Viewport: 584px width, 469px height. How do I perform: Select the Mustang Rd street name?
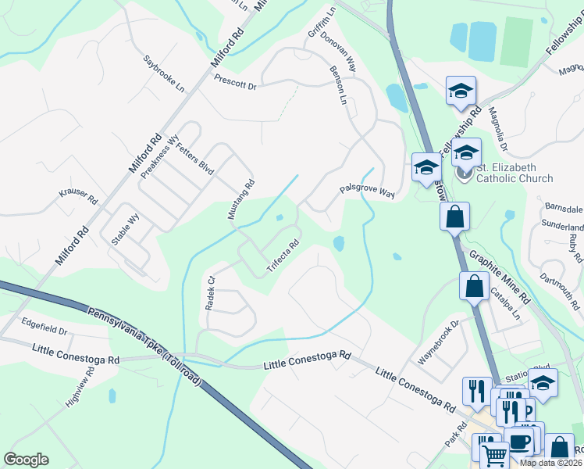click(x=240, y=200)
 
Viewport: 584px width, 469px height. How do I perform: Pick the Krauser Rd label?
click(x=78, y=196)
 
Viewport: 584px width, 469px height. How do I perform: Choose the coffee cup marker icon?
click(x=518, y=442)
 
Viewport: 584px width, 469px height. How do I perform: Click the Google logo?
click(x=26, y=459)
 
